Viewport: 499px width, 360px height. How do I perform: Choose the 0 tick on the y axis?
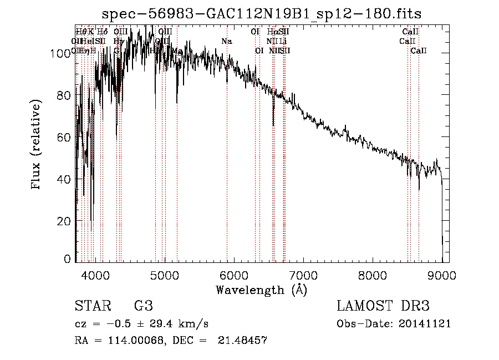(68, 259)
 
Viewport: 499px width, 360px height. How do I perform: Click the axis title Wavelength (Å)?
(261, 290)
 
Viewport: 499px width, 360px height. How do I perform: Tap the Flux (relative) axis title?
(37, 145)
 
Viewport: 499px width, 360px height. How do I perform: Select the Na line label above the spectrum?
(226, 41)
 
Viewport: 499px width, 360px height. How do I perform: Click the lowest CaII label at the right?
(419, 51)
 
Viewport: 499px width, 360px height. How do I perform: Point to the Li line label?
(283, 41)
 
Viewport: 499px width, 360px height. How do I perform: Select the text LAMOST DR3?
(383, 306)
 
